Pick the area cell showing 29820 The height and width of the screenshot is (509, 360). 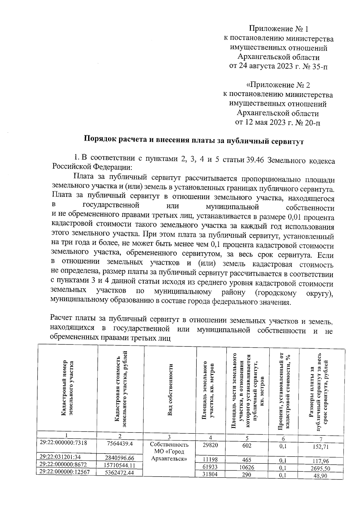tap(210, 445)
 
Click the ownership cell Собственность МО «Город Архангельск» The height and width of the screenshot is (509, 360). tap(169, 452)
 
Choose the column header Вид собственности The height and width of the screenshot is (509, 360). tap(170, 390)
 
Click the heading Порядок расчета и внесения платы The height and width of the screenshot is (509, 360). tap(193, 141)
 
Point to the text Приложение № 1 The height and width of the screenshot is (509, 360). tap(279, 29)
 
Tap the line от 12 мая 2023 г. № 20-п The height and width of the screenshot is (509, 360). tap(278, 122)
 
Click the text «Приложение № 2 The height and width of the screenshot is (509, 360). tap(278, 85)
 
